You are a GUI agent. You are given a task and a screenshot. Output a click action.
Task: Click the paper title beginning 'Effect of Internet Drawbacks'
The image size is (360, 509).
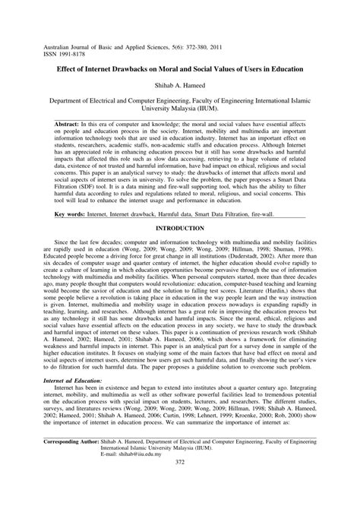pos(180,68)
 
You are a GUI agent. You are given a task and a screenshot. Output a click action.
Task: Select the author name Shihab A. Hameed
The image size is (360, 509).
pos(180,85)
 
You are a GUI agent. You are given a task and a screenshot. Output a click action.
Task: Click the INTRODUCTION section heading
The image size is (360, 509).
pos(180,226)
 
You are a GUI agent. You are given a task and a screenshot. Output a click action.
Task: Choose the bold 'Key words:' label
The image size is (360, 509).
pos(72,214)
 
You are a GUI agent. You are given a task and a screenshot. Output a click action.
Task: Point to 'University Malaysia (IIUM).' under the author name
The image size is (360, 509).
pos(180,108)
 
